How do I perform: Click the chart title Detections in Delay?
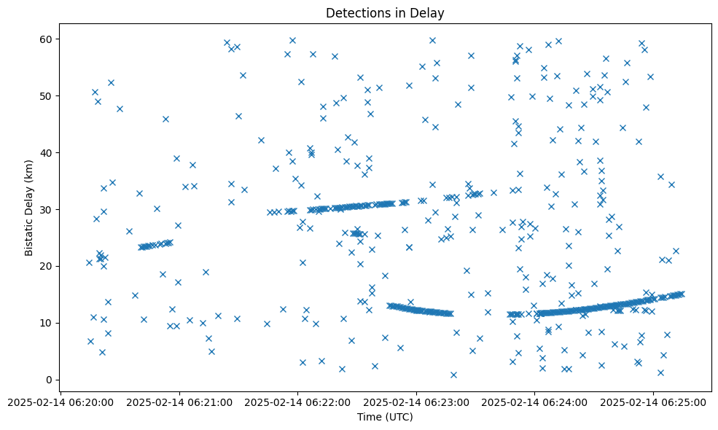tap(385, 13)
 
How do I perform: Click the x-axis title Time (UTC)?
tap(385, 417)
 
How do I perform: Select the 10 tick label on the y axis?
tap(47, 323)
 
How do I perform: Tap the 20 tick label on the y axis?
tap(47, 266)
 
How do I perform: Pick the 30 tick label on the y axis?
tap(47, 209)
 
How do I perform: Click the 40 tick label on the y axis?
tap(47, 152)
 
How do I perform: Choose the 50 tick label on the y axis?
tap(47, 95)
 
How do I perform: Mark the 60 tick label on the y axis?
tap(47, 39)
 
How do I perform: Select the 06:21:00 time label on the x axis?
tap(179, 402)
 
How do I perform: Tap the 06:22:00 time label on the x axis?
tap(297, 402)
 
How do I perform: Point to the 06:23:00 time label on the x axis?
tap(416, 402)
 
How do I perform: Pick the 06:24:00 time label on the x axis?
tap(535, 402)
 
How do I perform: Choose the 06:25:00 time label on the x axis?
tap(654, 402)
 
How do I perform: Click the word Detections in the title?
tap(356, 13)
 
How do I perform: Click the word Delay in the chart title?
tap(429, 13)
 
